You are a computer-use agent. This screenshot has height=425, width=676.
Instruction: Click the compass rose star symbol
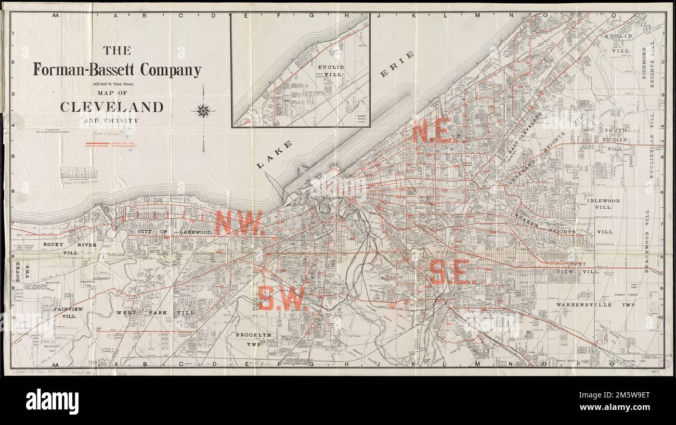point(203,111)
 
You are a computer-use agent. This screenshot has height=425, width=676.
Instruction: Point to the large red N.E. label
point(434,131)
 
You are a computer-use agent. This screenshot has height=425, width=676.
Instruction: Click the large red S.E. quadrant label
point(452,272)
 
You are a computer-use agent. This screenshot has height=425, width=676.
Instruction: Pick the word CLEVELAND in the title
point(112,107)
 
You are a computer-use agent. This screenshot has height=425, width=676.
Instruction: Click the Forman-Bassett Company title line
point(117,69)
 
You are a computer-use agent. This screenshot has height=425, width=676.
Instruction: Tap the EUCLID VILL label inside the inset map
point(331,71)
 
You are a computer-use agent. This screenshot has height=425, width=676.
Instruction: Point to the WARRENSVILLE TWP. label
point(596,306)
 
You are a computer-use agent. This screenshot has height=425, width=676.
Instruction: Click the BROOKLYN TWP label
point(253,339)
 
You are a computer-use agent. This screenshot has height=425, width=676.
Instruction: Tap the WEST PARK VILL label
point(155,313)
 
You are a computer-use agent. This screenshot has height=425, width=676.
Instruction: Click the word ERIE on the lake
point(397,64)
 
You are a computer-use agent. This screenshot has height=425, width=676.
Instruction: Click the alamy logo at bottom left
point(52,401)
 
